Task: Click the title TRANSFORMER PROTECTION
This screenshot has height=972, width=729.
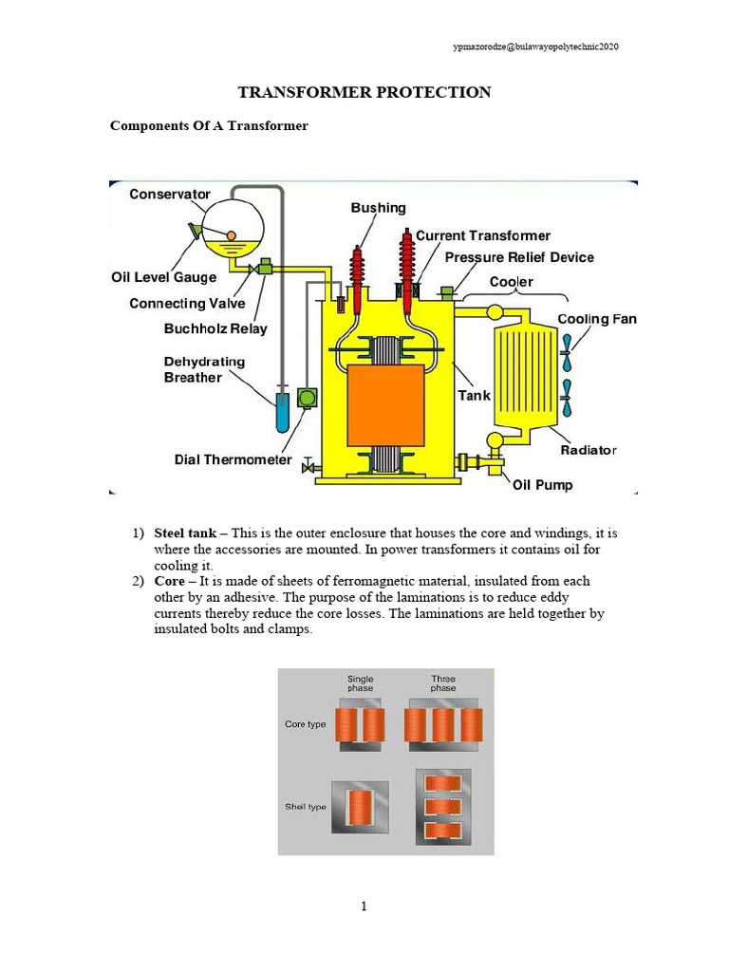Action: coord(364,92)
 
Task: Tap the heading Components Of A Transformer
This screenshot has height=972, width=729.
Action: coord(210,125)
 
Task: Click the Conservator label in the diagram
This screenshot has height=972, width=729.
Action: coord(170,195)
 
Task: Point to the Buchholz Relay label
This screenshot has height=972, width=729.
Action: coord(215,329)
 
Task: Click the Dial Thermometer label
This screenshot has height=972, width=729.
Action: coord(233,459)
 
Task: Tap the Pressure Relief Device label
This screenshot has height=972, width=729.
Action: coord(519,257)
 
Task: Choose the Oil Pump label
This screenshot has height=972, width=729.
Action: coord(542,485)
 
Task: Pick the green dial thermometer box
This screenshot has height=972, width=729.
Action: coord(307,398)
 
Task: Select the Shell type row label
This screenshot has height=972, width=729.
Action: coord(306,807)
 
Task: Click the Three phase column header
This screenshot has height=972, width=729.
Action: coord(442,684)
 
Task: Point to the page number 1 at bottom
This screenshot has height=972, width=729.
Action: coord(364,907)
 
